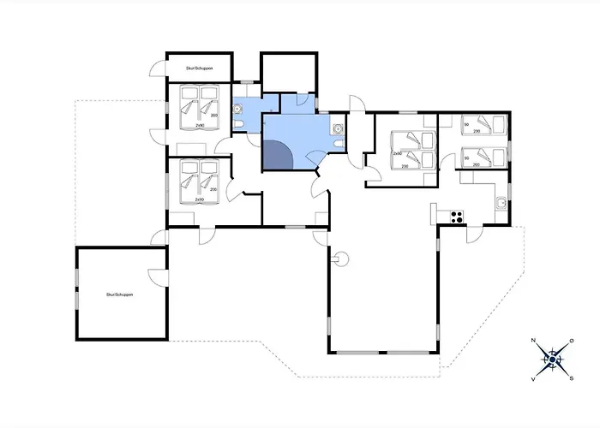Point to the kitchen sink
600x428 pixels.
[499, 203]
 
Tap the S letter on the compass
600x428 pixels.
[572, 377]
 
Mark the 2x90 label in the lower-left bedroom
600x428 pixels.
[198, 199]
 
